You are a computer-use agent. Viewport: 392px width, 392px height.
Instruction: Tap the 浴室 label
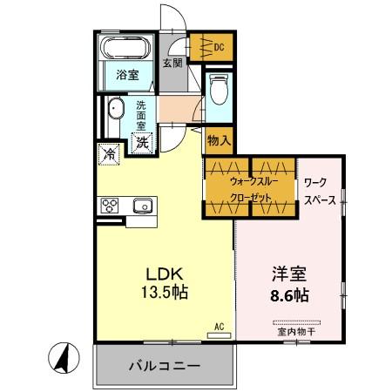click(128, 75)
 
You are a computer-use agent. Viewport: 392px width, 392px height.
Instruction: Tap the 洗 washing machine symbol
click(143, 141)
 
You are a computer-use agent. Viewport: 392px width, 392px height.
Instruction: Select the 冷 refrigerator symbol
click(110, 154)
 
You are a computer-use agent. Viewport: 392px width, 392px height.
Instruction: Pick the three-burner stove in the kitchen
click(111, 206)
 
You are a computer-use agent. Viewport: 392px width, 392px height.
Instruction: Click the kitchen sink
click(143, 206)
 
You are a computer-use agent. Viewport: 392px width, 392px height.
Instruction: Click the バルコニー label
click(166, 365)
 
